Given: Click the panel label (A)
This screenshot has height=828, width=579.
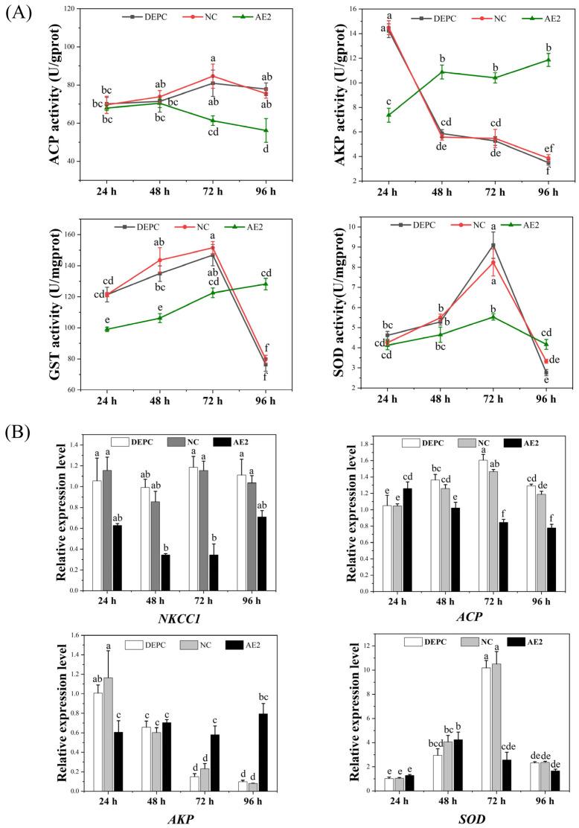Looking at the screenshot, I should coord(21,14).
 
